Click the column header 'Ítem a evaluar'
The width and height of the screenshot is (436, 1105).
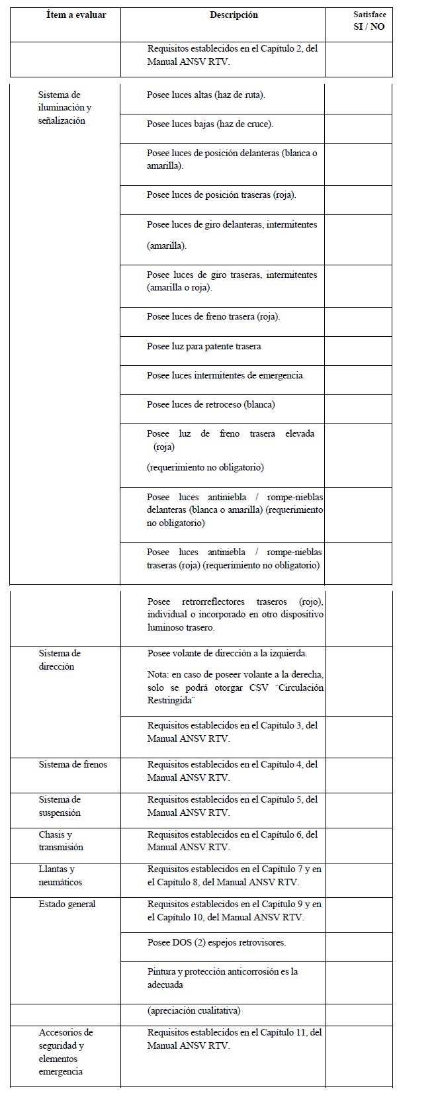[x=76, y=15]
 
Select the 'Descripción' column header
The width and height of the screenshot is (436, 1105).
[x=234, y=15]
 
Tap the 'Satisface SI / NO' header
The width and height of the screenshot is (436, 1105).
[x=369, y=21]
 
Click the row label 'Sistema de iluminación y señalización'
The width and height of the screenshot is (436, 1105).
[x=65, y=108]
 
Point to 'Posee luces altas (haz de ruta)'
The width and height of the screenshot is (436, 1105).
[x=206, y=95]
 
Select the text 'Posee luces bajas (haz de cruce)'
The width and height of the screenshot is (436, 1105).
[x=210, y=124]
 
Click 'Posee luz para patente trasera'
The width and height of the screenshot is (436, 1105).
[x=204, y=347]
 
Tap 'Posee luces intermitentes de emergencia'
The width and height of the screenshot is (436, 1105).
[x=226, y=376]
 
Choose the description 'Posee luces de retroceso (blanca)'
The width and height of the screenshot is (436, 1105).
[x=210, y=405]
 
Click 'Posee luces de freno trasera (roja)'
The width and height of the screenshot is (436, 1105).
[x=213, y=317]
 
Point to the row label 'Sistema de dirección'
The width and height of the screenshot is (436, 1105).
[x=60, y=660]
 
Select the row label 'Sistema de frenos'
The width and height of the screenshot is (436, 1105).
[x=73, y=765]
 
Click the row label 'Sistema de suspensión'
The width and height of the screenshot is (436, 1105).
[x=60, y=807]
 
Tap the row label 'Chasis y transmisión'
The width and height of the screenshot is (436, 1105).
[x=61, y=841]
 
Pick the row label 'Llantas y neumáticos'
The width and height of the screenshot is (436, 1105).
[x=60, y=875]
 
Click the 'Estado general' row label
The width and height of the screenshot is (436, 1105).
[x=67, y=905]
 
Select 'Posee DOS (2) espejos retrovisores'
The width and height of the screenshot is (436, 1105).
[x=216, y=942]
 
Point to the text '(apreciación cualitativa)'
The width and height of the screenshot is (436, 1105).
[x=194, y=1011]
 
